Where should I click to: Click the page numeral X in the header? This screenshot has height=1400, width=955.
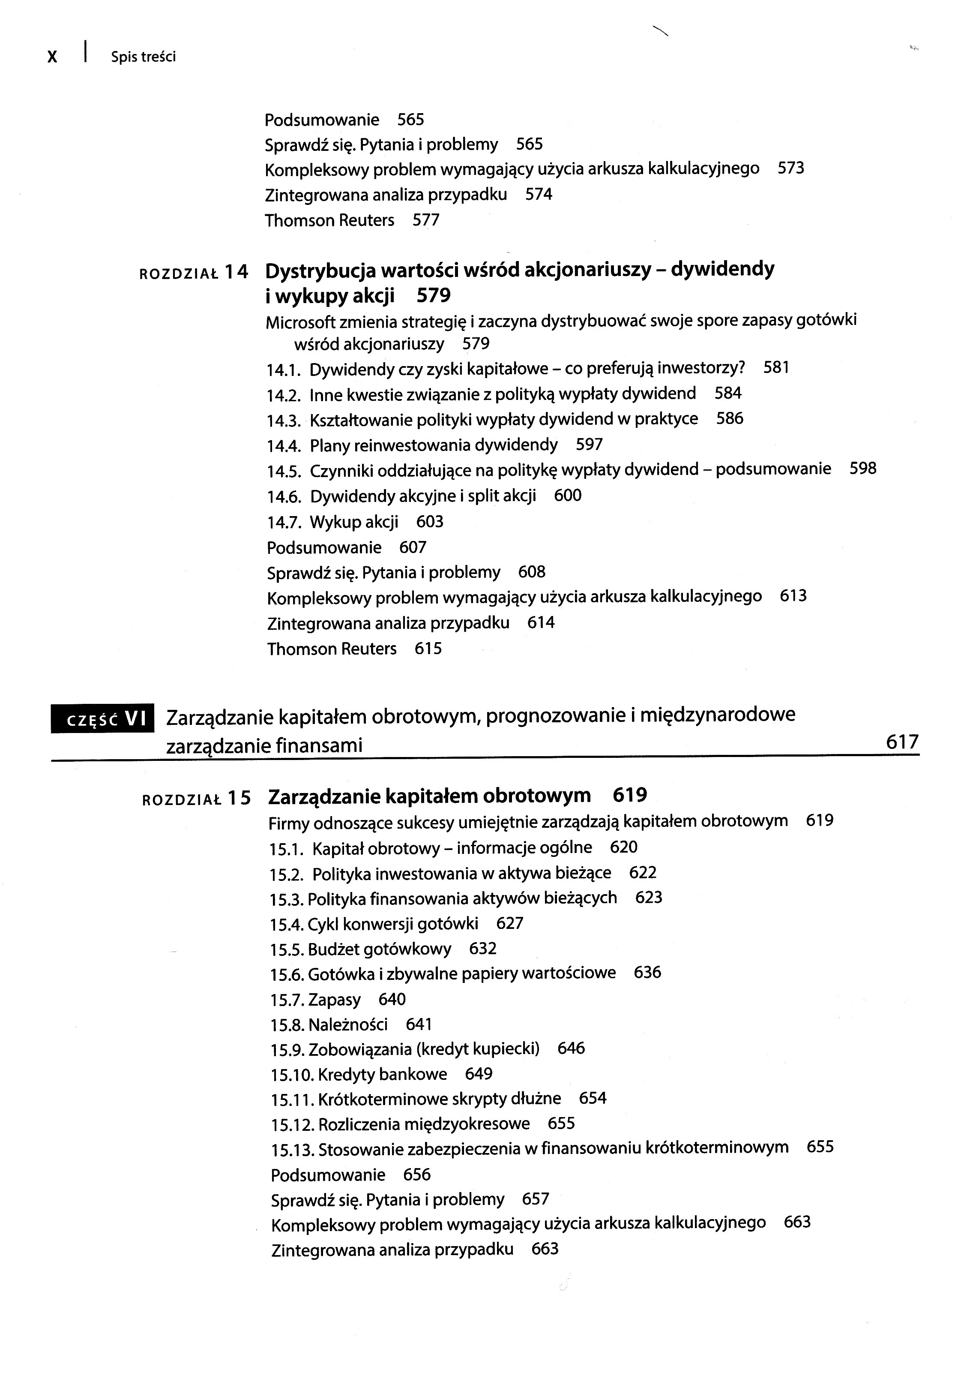point(52,57)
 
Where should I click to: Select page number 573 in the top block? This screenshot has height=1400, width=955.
point(790,168)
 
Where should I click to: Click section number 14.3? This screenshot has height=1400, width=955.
point(284,420)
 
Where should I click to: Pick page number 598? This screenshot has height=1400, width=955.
point(863,469)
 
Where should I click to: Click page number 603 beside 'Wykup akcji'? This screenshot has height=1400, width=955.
point(430,522)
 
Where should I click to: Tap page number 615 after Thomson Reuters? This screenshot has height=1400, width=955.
point(428,649)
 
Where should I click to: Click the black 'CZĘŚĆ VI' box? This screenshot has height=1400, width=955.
point(103,719)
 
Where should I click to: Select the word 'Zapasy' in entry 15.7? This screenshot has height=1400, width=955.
point(334,1000)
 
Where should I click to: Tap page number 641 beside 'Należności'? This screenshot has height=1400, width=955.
point(419,1024)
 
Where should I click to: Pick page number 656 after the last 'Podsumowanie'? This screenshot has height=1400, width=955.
point(417,1175)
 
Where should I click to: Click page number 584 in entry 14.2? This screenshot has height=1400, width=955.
point(728,394)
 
